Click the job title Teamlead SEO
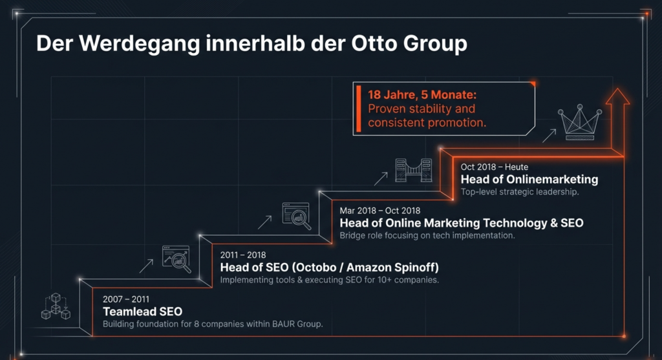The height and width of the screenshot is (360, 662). tap(142, 311)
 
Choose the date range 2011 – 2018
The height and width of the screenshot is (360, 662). tap(242, 255)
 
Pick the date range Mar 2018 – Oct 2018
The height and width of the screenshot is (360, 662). tap(380, 210)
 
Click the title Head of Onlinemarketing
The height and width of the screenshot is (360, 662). tap(529, 179)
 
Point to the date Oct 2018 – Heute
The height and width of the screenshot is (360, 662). tap(494, 167)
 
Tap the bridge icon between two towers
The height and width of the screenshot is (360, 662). tap(414, 168)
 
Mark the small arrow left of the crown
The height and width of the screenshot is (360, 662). tap(548, 134)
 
